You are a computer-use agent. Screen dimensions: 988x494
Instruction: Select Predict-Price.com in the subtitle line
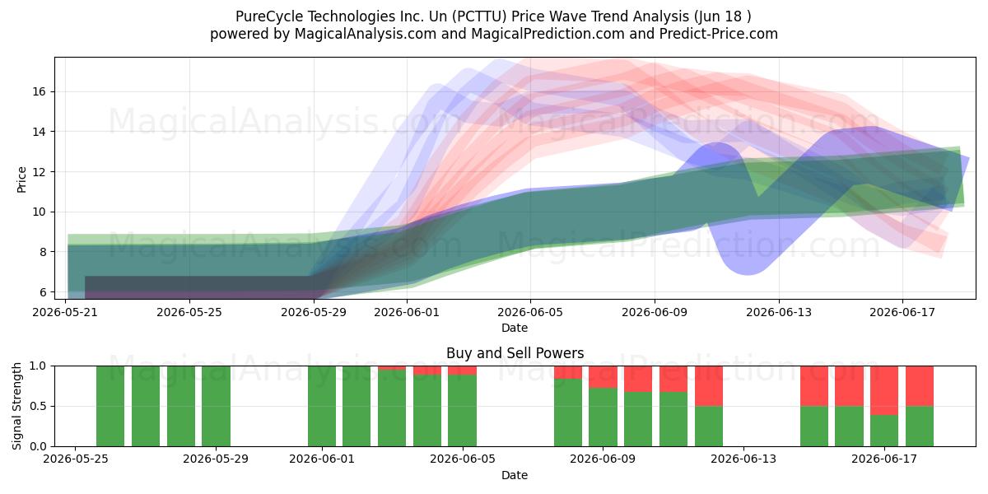719,34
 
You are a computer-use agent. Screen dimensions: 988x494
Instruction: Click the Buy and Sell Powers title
515,353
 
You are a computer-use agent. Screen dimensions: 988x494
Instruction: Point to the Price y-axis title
21,179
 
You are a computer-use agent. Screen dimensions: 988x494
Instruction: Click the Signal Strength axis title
16,406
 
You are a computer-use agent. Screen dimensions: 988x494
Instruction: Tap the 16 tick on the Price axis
39,91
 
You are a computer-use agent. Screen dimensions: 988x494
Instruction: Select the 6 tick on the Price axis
42,292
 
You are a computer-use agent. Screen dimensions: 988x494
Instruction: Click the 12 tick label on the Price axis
39,171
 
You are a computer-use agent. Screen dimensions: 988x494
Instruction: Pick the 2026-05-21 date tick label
65,312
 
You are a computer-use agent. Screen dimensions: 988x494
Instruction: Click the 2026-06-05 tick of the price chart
530,312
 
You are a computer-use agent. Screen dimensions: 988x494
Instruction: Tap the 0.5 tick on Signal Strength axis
38,406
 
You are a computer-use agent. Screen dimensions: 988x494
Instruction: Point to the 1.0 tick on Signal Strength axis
38,366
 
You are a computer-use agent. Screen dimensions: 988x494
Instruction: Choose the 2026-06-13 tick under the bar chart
743,459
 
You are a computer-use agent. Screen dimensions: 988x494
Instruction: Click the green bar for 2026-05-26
110,406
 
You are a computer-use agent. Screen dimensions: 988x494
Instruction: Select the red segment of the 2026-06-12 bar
709,386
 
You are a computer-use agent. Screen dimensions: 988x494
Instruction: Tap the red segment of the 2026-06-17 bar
884,390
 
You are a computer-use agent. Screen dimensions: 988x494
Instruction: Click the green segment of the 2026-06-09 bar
603,417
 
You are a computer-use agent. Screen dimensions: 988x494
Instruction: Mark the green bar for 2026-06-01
322,406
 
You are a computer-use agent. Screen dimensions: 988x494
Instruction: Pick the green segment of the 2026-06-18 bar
920,426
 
